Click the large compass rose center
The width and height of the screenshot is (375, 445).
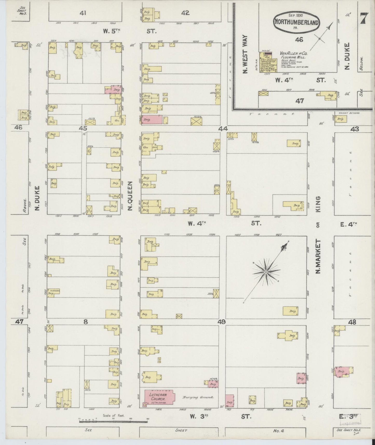(x=266, y=272)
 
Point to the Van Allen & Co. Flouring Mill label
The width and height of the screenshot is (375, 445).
(x=292, y=55)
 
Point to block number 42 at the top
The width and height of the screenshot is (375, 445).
(x=185, y=12)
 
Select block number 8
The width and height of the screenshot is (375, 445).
(x=86, y=322)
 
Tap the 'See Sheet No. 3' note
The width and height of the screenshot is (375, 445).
(x=21, y=11)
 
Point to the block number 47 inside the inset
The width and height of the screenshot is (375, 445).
(x=299, y=101)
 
